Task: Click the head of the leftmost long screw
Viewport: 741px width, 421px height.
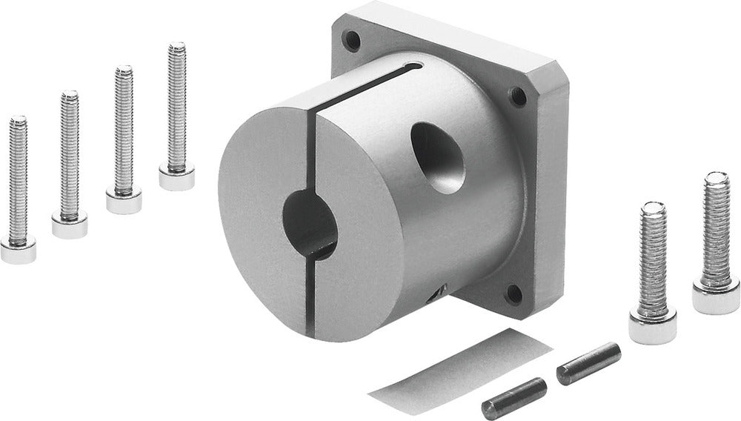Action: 17,251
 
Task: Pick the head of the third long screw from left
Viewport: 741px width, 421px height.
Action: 123,199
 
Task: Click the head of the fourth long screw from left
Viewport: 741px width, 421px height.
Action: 177,176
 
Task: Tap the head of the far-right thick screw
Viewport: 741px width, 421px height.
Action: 716,294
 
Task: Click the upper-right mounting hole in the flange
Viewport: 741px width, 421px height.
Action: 519,96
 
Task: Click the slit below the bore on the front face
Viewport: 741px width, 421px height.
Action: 316,296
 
